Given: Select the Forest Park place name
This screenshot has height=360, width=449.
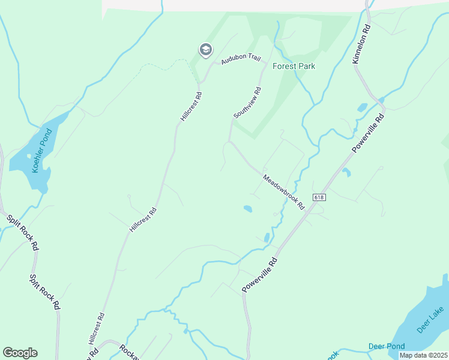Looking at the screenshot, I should (294, 66).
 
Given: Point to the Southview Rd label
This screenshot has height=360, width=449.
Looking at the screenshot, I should (248, 103).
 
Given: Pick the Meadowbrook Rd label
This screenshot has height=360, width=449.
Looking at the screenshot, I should (284, 191).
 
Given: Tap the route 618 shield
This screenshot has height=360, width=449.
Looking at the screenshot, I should (319, 197).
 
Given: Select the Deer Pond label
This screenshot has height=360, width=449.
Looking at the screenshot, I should (387, 346).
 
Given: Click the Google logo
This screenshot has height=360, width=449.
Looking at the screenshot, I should (20, 353).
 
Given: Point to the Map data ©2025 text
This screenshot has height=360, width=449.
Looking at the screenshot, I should (424, 355).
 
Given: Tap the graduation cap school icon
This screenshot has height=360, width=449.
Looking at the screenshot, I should (205, 50).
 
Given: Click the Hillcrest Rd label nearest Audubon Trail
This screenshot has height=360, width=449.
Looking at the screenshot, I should (190, 106).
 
